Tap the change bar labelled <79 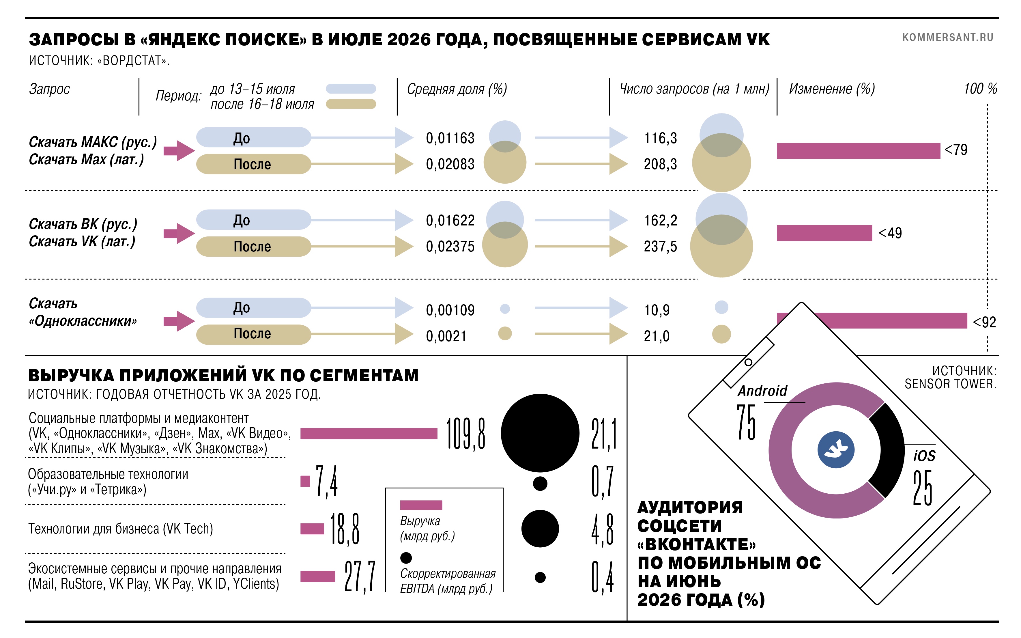tap(858, 151)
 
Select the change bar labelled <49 tap(824, 233)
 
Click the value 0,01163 tap(450, 138)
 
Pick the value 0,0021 tap(446, 336)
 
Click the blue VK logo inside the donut tap(836, 450)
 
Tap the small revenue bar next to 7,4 tap(305, 481)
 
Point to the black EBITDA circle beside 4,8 tap(540, 529)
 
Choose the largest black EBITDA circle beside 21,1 tap(540, 433)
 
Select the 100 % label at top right tap(980, 89)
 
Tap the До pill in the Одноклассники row tap(253, 308)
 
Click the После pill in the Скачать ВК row tap(253, 247)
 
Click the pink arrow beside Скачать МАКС tap(179, 151)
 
